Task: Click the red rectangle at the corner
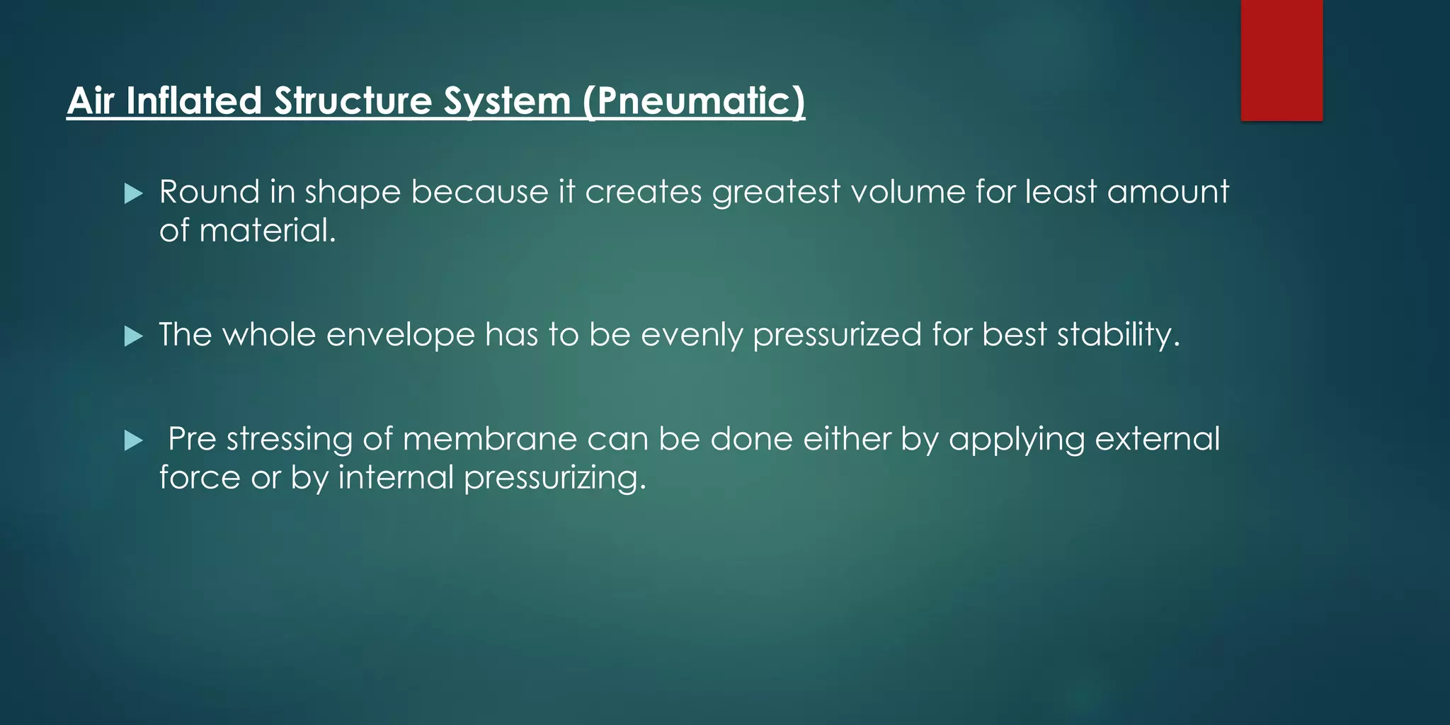click(1281, 59)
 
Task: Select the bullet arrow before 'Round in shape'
click(133, 193)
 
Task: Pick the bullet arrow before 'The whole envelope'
click(133, 336)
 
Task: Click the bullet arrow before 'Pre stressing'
click(133, 441)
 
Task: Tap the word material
click(267, 231)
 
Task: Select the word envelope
click(400, 336)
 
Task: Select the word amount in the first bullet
click(1168, 192)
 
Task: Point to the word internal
click(395, 477)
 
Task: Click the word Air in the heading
click(91, 101)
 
